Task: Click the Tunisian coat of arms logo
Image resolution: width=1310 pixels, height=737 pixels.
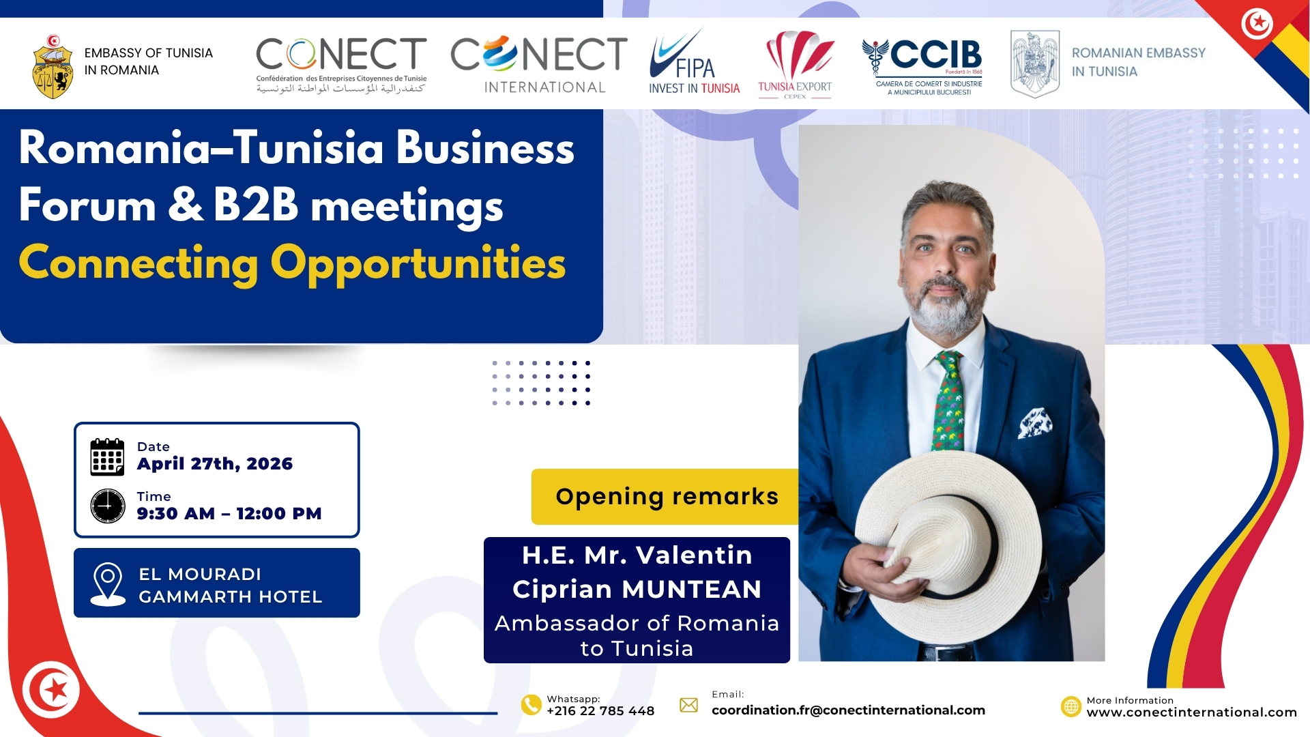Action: pyautogui.click(x=53, y=67)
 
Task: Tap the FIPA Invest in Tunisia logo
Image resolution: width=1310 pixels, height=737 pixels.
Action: pyautogui.click(x=694, y=62)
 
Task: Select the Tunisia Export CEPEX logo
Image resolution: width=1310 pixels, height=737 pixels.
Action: pyautogui.click(x=796, y=65)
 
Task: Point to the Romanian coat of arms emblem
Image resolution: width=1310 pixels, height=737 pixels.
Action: pyautogui.click(x=1034, y=64)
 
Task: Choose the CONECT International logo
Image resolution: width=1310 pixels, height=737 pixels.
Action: pyautogui.click(x=539, y=65)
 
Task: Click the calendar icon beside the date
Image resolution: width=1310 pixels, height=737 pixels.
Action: pyautogui.click(x=107, y=457)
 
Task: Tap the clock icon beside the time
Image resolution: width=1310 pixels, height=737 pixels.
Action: pyautogui.click(x=108, y=506)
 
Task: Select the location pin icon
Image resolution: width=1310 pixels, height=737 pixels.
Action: pyautogui.click(x=108, y=584)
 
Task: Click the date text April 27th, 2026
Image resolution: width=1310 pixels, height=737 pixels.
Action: pyautogui.click(x=215, y=464)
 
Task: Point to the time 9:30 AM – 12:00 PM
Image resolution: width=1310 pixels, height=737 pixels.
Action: pyautogui.click(x=229, y=513)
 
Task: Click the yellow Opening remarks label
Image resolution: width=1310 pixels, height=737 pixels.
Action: pyautogui.click(x=666, y=497)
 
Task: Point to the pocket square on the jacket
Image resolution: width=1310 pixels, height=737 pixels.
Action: pyautogui.click(x=1035, y=422)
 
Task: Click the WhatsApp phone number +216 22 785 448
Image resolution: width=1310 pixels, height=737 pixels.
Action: pyautogui.click(x=600, y=711)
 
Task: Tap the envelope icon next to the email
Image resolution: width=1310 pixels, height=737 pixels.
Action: pyautogui.click(x=689, y=705)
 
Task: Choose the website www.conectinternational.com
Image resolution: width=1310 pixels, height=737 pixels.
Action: pyautogui.click(x=1191, y=712)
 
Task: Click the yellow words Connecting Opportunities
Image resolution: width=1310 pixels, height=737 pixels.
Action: pyautogui.click(x=293, y=264)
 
